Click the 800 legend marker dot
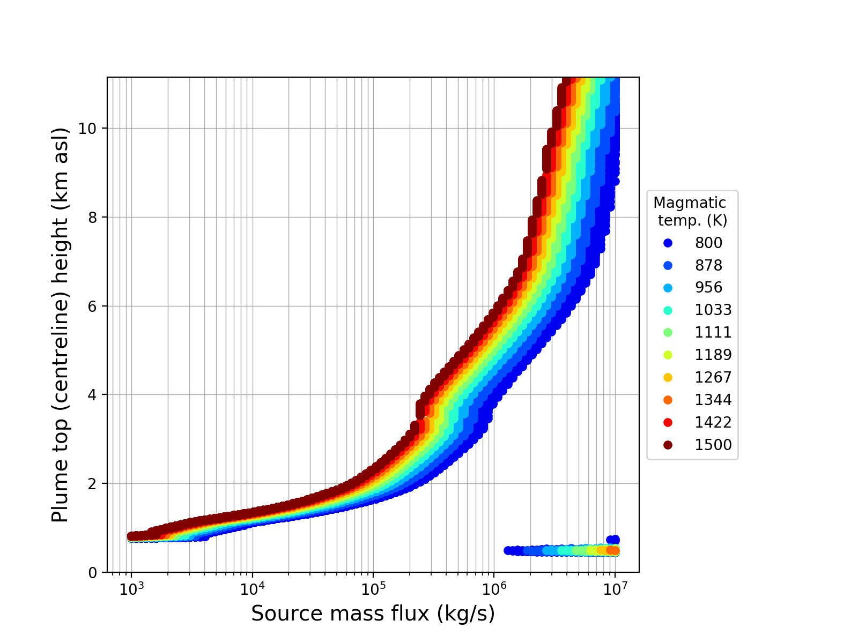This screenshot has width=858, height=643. [x=668, y=243]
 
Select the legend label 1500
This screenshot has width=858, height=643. [x=713, y=445]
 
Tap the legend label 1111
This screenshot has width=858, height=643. [x=713, y=332]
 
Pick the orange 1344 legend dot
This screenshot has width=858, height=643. [x=668, y=400]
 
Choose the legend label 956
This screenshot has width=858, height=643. [x=709, y=287]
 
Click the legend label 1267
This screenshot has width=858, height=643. [x=713, y=377]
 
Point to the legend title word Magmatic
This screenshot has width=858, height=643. [x=690, y=203]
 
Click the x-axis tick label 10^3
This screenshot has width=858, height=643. [x=131, y=588]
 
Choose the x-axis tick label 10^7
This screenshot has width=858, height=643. [x=615, y=588]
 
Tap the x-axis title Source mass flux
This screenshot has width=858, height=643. [x=373, y=614]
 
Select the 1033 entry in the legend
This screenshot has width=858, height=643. [x=713, y=310]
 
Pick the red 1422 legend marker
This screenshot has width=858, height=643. [x=668, y=422]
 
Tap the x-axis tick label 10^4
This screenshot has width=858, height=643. [x=252, y=588]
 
